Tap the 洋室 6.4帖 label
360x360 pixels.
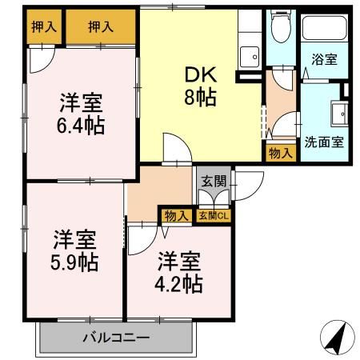point(83,114)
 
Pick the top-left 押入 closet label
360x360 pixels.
point(44,26)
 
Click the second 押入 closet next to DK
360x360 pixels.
point(101,26)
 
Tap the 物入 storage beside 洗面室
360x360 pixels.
point(280,152)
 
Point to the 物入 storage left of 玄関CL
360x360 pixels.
point(176,214)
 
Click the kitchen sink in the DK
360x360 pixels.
point(250,58)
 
